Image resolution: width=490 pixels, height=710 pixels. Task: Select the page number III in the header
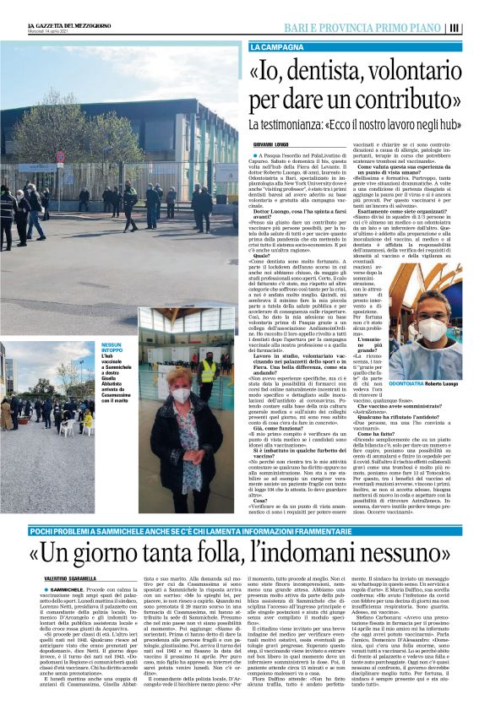pos(479,27)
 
